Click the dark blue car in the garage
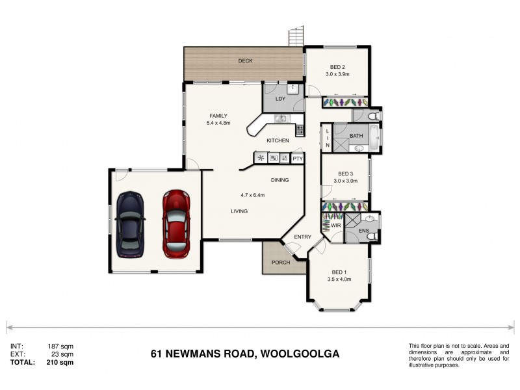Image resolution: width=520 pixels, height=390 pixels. click(x=130, y=223)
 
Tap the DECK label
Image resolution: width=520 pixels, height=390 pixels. click(x=245, y=61)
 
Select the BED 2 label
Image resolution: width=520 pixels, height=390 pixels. click(x=337, y=68)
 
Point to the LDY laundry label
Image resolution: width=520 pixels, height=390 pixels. click(x=280, y=99)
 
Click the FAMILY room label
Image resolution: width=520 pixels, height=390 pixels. click(x=218, y=116)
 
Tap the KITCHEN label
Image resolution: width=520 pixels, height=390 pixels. click(x=278, y=140)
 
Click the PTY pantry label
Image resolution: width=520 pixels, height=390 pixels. click(x=297, y=158)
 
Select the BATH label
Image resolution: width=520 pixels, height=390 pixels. click(x=356, y=136)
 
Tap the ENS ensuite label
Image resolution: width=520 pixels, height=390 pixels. click(x=363, y=230)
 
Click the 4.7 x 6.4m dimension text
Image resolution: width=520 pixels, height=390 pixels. click(x=253, y=195)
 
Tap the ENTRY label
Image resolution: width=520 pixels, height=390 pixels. click(x=302, y=237)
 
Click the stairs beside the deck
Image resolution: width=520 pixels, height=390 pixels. click(x=296, y=36)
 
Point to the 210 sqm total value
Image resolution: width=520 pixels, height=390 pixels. click(x=60, y=363)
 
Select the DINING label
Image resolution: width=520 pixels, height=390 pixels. click(x=279, y=180)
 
